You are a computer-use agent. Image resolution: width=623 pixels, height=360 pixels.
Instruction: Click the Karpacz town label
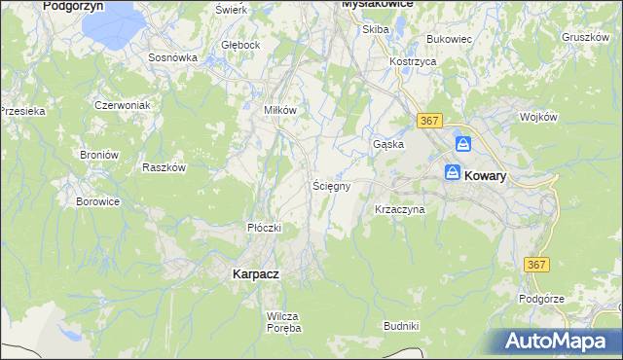point(256,274)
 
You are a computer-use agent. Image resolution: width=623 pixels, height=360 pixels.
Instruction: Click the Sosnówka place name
point(173,57)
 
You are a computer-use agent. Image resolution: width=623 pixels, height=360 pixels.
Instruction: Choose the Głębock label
point(240,45)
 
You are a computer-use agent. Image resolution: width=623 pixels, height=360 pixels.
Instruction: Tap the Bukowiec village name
point(449,39)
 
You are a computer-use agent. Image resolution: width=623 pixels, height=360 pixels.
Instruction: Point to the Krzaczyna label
point(400,209)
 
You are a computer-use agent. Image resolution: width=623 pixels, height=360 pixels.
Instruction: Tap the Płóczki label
point(264,228)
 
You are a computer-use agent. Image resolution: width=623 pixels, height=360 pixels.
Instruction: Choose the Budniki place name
point(401,325)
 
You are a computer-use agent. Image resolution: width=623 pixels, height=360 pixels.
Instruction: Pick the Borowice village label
point(97,202)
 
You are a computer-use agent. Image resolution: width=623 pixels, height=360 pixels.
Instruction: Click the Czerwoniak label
point(121,104)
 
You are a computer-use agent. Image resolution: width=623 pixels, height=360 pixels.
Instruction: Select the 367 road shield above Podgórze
point(536,265)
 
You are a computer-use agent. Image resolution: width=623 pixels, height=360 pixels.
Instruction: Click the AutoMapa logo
point(559,342)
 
